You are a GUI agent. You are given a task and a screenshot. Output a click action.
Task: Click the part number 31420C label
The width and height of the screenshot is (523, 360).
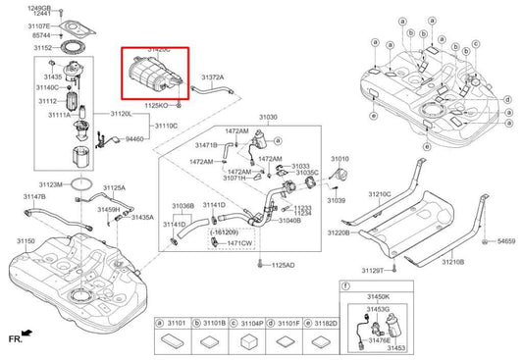tap(158, 48)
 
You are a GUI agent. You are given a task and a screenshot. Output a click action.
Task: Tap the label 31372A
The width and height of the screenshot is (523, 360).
tap(213, 77)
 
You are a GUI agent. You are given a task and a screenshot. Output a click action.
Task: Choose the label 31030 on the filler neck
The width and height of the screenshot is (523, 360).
tap(267, 117)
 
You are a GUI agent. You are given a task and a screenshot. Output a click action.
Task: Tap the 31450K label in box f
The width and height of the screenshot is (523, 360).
tap(378, 296)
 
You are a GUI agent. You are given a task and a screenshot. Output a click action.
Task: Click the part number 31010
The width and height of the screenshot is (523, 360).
tap(340, 158)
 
